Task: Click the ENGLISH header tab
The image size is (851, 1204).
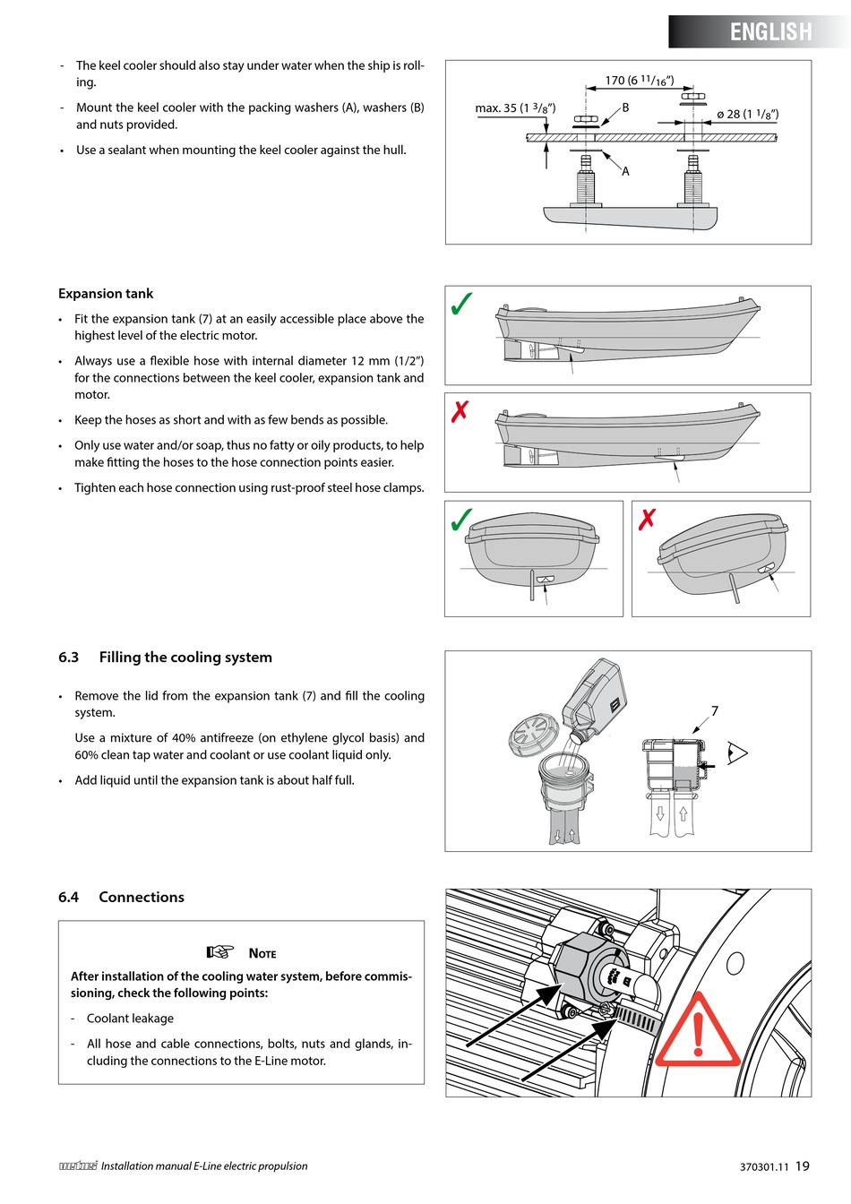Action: coord(770,32)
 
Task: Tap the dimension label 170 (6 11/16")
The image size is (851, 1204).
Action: coord(639,81)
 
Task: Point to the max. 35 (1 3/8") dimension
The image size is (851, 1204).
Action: coord(515,108)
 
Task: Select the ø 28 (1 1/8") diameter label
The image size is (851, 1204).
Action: coord(747,114)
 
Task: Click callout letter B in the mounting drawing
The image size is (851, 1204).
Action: coord(625,107)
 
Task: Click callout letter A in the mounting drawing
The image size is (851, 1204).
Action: coord(625,171)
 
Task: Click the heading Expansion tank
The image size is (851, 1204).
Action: coord(106,294)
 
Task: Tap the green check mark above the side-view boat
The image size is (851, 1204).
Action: coord(461,305)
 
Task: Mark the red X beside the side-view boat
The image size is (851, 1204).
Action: coord(460,412)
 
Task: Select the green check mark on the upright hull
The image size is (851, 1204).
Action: coord(461,520)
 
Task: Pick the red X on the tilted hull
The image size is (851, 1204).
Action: coord(647,519)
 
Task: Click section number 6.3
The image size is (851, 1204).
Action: coord(68,658)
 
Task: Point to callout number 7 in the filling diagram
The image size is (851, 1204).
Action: coord(714,711)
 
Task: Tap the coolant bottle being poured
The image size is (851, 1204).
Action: coord(596,698)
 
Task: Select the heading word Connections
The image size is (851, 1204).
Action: coord(142,898)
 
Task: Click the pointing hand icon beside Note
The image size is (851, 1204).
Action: coord(219,952)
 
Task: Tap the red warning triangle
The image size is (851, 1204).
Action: coord(699,1033)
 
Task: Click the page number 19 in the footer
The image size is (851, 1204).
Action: coord(802,1166)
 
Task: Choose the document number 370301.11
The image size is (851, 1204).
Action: coord(764,1167)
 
